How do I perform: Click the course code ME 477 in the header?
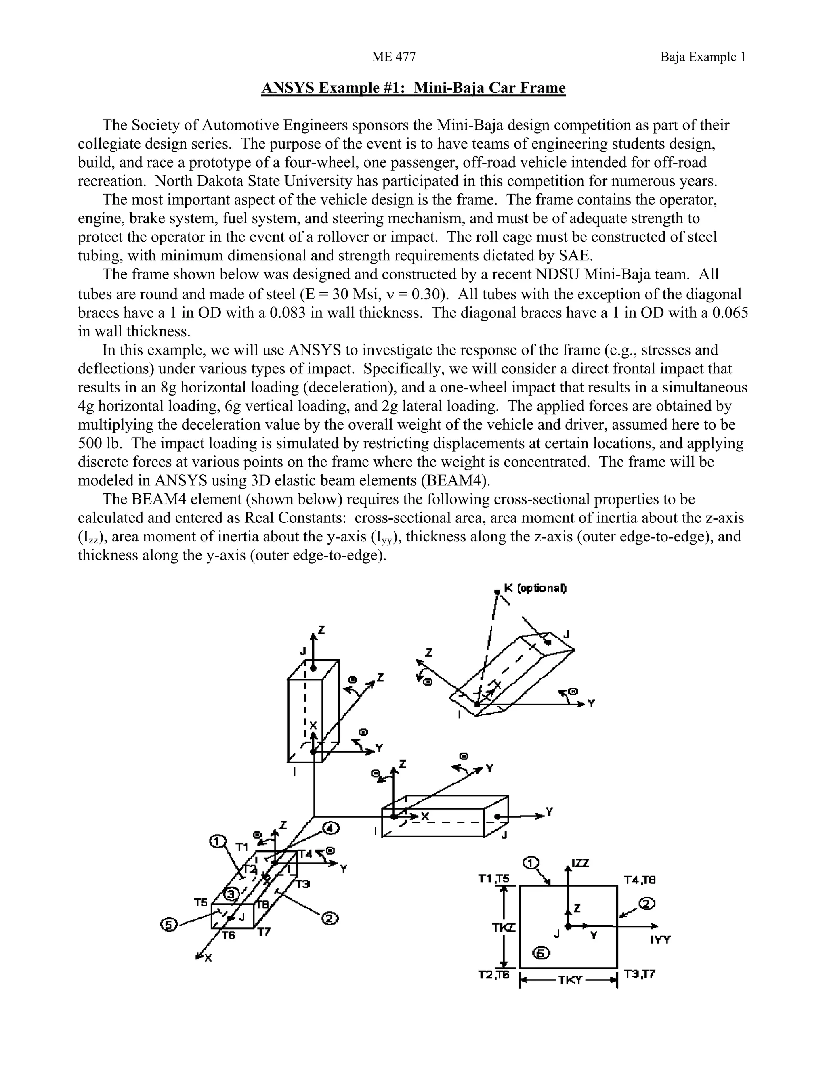coord(393,57)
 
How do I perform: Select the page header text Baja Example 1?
coord(703,57)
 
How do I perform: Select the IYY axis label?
coord(660,940)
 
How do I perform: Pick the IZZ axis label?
coord(581,864)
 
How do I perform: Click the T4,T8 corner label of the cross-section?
coord(639,880)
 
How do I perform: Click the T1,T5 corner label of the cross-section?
coord(494,879)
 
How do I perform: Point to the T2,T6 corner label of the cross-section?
coord(494,975)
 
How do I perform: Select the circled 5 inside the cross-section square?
coord(542,953)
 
